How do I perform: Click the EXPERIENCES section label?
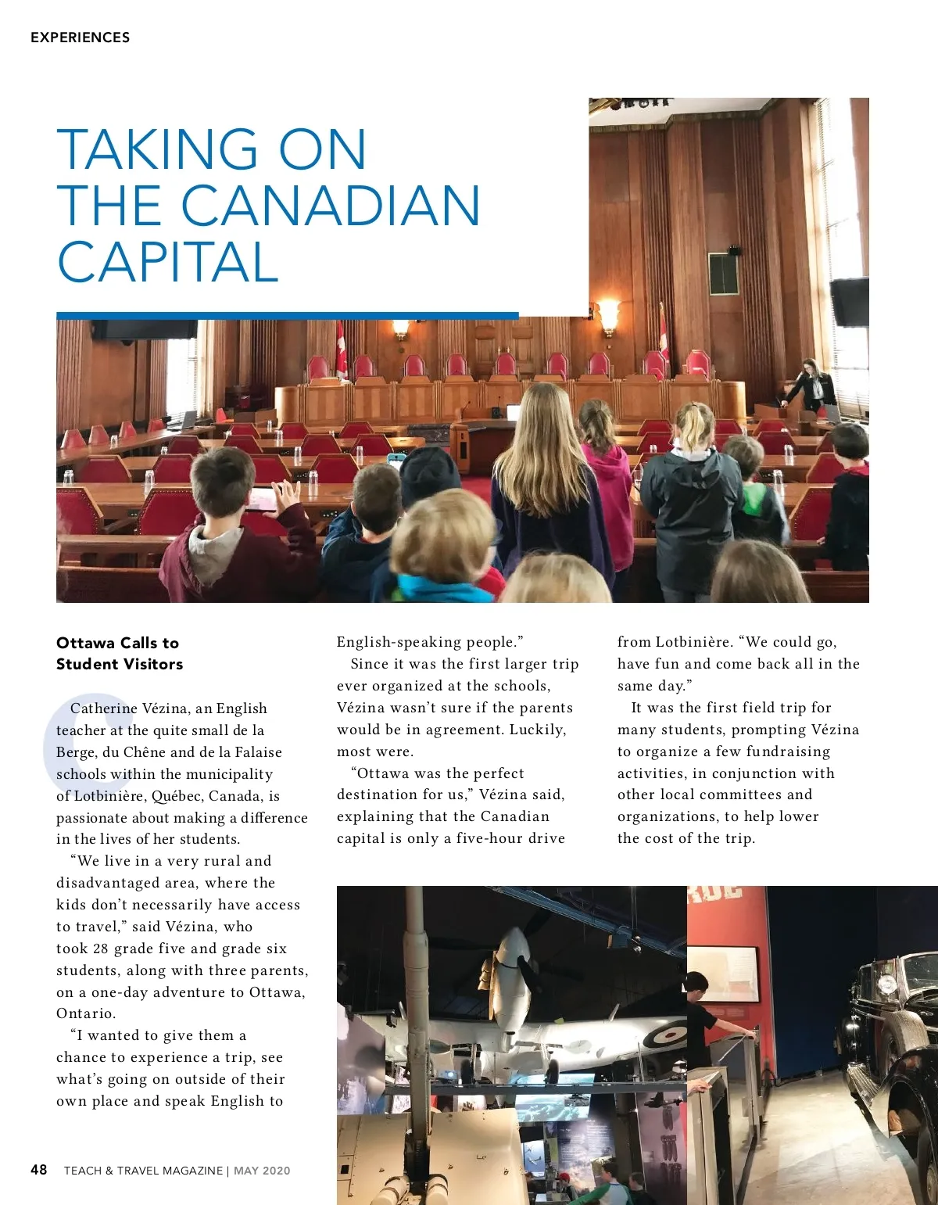pyautogui.click(x=80, y=38)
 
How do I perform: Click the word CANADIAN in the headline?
pyautogui.click(x=331, y=206)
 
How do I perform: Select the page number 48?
pyautogui.click(x=39, y=1170)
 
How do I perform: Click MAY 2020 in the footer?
pyautogui.click(x=262, y=1171)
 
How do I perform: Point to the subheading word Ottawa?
pyautogui.click(x=85, y=643)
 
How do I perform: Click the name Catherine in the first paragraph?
pyautogui.click(x=103, y=708)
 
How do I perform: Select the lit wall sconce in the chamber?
pyautogui.click(x=607, y=314)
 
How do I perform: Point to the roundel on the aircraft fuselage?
pyautogui.click(x=671, y=1037)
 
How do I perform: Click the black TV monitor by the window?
pyautogui.click(x=849, y=302)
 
